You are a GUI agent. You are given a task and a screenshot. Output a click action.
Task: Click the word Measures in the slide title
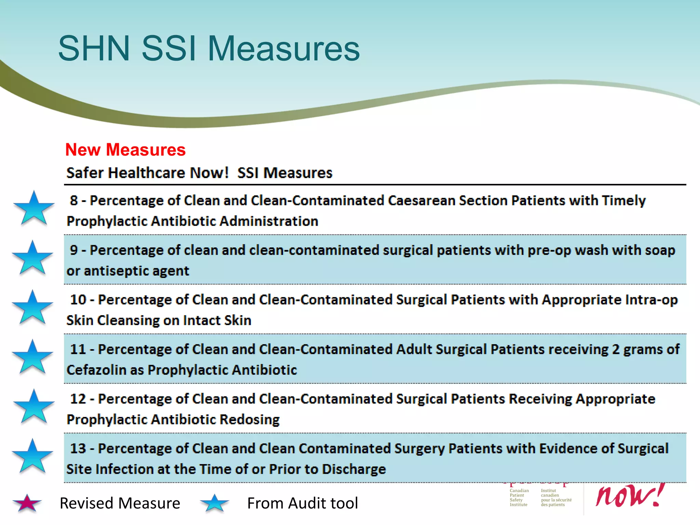pyautogui.click(x=283, y=49)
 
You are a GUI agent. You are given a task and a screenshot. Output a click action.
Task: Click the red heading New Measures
pyautogui.click(x=125, y=150)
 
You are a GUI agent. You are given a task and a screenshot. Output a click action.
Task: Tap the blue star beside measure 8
pyautogui.click(x=34, y=208)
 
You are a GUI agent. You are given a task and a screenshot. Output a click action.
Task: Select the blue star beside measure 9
pyautogui.click(x=32, y=258)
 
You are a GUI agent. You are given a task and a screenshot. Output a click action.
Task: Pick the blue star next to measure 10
pyautogui.click(x=32, y=308)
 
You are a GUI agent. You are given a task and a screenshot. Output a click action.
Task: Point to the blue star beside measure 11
pyautogui.click(x=32, y=357)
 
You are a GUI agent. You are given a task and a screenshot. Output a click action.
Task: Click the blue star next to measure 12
pyautogui.click(x=34, y=407)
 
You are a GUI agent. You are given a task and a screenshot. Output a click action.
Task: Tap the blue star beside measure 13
pyautogui.click(x=32, y=456)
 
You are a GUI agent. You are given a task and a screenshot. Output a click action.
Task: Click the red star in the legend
pyautogui.click(x=27, y=503)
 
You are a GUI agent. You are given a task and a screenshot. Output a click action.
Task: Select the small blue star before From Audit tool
pyautogui.click(x=215, y=503)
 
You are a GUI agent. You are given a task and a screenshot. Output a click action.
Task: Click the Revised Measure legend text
pyautogui.click(x=120, y=503)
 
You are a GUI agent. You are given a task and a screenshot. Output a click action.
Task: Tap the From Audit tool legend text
pyautogui.click(x=302, y=503)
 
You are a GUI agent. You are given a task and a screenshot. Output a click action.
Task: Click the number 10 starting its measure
pyautogui.click(x=78, y=300)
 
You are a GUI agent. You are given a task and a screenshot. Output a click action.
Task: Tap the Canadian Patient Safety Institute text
pyautogui.click(x=519, y=498)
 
